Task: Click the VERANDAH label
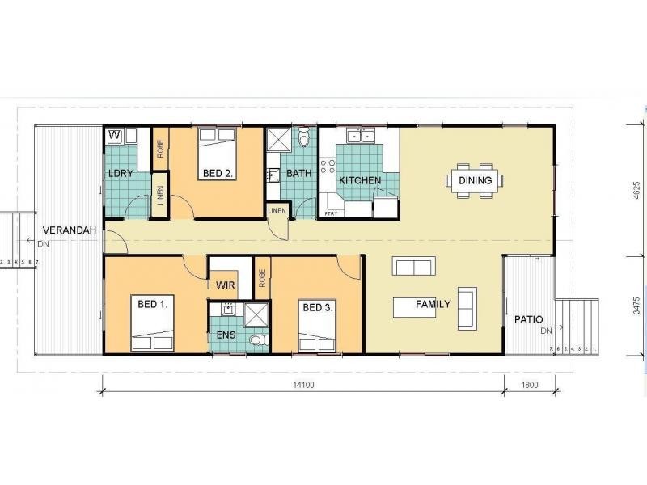(x=70, y=230)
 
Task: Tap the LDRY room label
(x=121, y=173)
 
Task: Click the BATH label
(x=298, y=173)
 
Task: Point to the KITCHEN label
(x=360, y=180)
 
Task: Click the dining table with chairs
(x=475, y=180)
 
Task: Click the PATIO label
(x=528, y=319)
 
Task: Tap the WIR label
(x=225, y=285)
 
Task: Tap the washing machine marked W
(x=114, y=135)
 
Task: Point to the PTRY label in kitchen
(x=332, y=213)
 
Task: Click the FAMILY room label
(x=433, y=305)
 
